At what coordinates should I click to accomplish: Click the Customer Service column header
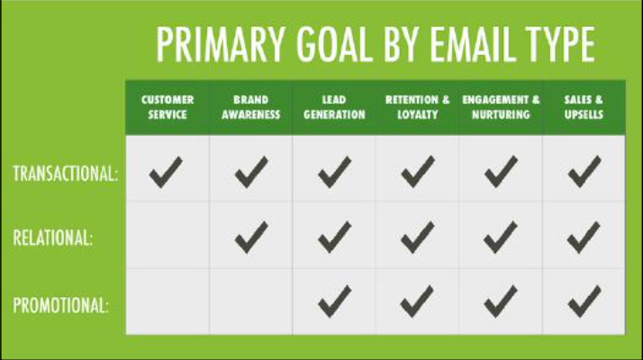168,107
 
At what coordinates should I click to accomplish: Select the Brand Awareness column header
251,107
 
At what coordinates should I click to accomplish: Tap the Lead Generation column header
334,107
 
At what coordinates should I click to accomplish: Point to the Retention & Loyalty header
418,107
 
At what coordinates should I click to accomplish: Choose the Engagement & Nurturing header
501,107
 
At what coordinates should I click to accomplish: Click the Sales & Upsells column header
584,107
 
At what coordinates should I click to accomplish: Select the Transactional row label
66,174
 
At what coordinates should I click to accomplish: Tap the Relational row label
53,238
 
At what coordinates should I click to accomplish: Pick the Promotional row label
60,305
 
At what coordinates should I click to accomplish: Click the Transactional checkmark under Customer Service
166,172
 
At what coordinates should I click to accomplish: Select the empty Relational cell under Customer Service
168,235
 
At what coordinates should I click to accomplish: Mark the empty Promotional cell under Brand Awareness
251,301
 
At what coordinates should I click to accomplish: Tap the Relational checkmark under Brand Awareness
251,237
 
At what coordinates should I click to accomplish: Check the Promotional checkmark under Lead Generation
335,301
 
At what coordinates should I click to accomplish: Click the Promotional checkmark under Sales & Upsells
584,301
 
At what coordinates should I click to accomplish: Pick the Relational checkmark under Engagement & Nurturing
501,237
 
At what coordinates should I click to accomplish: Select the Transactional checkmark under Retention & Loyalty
418,172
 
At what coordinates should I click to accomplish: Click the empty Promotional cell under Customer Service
168,301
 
